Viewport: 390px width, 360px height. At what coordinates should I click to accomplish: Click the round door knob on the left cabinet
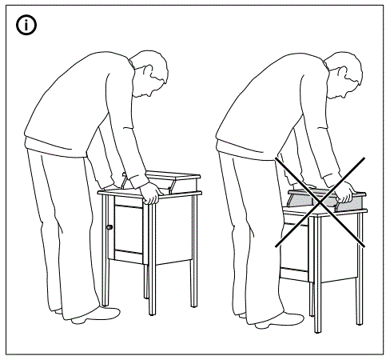tap(109, 228)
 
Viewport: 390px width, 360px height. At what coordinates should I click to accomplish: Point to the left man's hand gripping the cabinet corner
tap(149, 193)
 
